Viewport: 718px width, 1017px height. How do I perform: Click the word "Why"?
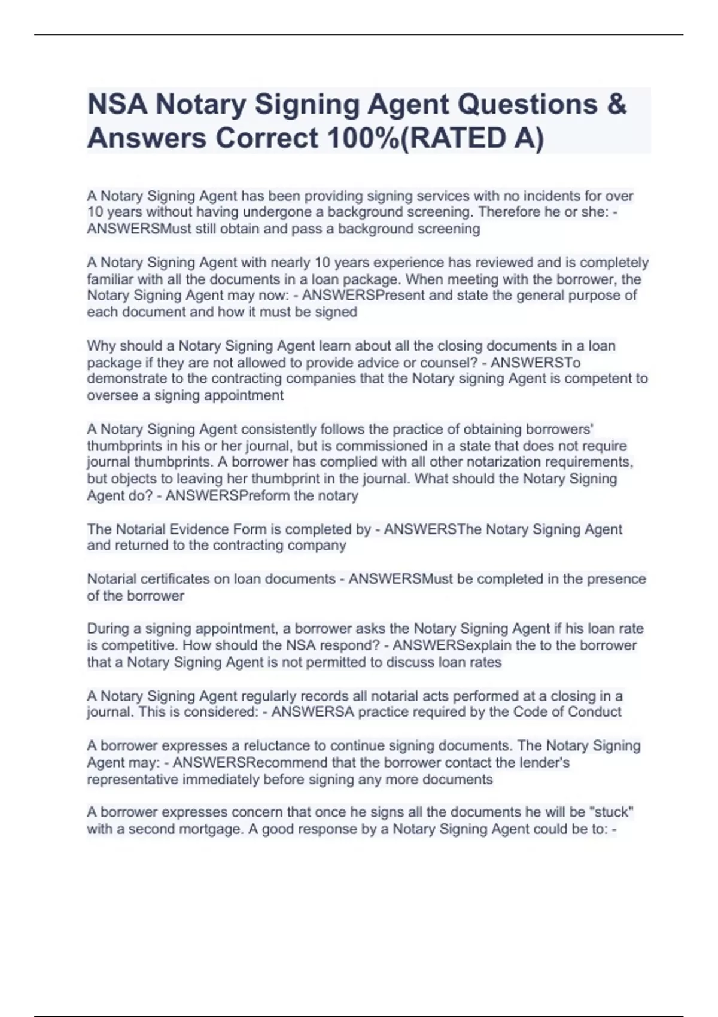[x=99, y=345]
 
